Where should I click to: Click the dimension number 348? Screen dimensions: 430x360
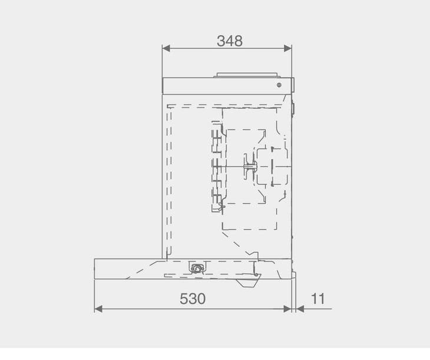click(x=230, y=41)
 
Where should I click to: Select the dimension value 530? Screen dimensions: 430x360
click(x=193, y=299)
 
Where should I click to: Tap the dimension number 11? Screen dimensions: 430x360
click(x=318, y=299)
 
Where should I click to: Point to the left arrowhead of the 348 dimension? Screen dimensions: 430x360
click(x=166, y=48)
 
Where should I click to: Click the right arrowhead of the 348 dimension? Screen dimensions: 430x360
click(x=287, y=48)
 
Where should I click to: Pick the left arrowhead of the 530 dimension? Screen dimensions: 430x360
click(x=98, y=309)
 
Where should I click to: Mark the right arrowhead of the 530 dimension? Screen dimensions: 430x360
click(x=287, y=309)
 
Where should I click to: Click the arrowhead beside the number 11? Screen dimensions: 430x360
click(x=300, y=309)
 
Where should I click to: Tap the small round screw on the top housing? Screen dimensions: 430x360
click(x=279, y=85)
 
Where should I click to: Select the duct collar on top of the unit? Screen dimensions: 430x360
click(x=247, y=75)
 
